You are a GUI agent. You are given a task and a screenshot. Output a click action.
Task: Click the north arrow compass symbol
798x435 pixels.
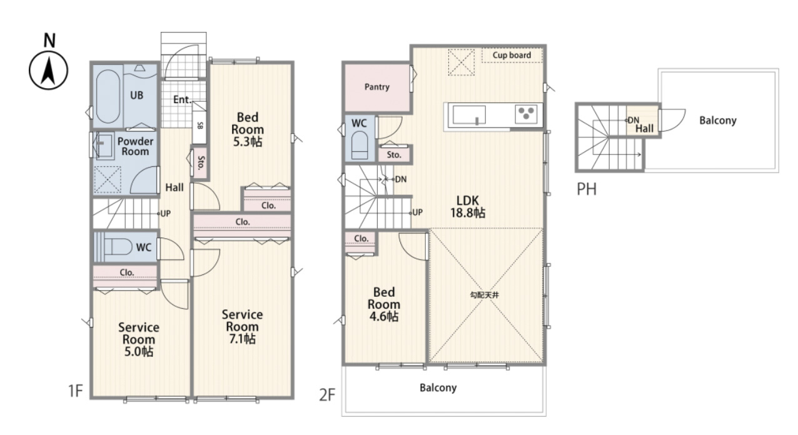tap(48, 70)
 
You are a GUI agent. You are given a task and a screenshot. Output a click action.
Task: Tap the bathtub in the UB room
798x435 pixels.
tap(108, 96)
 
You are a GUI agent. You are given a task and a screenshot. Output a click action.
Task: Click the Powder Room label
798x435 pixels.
tap(135, 146)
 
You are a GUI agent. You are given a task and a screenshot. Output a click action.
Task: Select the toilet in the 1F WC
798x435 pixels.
tap(118, 246)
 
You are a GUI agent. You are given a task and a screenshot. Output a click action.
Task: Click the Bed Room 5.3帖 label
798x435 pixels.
tap(248, 129)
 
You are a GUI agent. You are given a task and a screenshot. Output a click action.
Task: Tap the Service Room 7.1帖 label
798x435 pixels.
tap(242, 327)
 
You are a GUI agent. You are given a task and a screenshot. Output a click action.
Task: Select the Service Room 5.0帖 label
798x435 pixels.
tap(139, 339)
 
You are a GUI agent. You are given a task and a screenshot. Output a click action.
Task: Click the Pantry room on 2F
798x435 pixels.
tap(377, 87)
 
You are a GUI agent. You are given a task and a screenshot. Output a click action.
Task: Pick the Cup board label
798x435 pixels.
tap(512, 55)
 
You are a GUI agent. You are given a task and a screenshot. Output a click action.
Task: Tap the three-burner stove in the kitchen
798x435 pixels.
tap(526, 114)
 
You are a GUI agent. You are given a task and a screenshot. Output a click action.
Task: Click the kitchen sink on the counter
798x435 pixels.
tap(469, 114)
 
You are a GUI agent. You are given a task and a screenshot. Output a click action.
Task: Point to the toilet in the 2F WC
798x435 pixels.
tap(360, 145)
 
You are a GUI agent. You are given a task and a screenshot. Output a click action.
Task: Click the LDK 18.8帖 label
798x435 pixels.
tap(468, 206)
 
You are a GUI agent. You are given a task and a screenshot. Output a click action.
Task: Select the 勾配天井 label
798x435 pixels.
tap(485, 295)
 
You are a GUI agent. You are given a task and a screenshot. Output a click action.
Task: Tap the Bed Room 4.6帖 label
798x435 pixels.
tap(384, 304)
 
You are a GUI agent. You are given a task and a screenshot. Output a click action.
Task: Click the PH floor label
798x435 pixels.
tap(587, 189)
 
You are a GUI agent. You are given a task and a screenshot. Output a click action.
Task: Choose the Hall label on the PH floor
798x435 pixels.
tap(644, 129)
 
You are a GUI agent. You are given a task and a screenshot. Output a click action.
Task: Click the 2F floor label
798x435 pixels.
tap(327, 395)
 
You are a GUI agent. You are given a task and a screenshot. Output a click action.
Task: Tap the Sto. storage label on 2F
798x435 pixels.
tap(394, 155)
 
